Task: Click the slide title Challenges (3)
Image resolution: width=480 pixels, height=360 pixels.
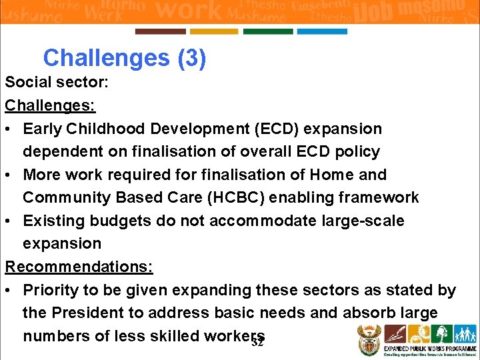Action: coord(125,58)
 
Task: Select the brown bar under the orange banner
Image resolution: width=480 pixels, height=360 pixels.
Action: coord(161,31)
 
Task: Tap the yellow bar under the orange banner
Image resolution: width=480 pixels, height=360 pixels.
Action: coord(214,31)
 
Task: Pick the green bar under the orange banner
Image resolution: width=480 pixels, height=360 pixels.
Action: coord(268,31)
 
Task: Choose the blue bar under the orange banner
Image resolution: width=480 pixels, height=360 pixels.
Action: coord(322,31)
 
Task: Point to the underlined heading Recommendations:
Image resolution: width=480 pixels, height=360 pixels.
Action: coord(79,267)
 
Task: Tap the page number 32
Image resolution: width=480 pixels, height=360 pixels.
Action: coord(258,343)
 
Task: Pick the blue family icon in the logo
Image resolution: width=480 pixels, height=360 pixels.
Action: coord(465,333)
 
